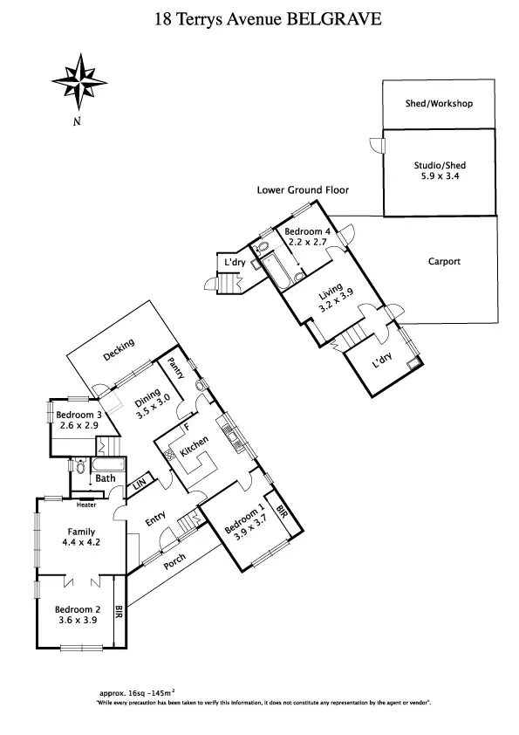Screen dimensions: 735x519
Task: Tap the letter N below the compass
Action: pos(77,121)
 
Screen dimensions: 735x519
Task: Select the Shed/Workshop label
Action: pos(439,104)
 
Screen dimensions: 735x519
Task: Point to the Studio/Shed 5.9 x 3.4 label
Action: pos(439,172)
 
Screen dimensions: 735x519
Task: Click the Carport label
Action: pos(444,261)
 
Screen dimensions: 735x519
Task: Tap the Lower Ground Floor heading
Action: pos(303,189)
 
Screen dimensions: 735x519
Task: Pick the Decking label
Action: pos(119,349)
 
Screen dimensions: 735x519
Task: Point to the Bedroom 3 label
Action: pos(79,416)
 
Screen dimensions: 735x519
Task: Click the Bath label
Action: pos(106,478)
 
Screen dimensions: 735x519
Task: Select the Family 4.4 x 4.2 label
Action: pos(81,537)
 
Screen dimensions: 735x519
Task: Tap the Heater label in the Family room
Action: pos(85,505)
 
